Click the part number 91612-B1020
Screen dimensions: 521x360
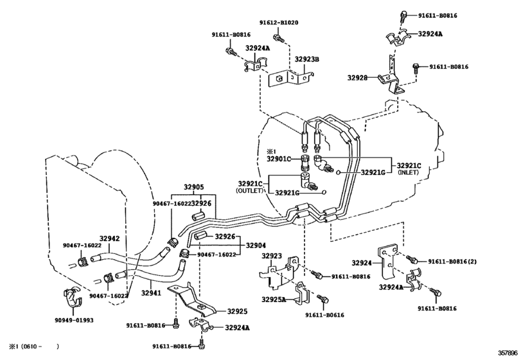[279, 22]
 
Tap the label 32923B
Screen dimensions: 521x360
[306, 60]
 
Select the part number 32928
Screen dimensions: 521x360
[358, 78]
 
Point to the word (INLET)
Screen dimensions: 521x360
[408, 172]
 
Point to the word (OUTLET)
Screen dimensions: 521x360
[249, 191]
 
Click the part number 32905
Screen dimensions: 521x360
[194, 187]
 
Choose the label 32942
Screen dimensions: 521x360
[109, 239]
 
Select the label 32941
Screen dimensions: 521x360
[151, 293]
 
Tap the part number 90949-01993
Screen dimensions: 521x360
[74, 320]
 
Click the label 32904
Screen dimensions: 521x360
[256, 246]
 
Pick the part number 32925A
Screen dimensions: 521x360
[274, 299]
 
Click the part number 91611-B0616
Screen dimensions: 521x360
[324, 315]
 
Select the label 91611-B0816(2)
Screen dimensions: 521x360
[452, 262]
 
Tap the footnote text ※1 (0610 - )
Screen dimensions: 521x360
[34, 346]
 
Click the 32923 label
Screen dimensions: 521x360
[272, 256]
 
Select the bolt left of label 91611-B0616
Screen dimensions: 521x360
[322, 298]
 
